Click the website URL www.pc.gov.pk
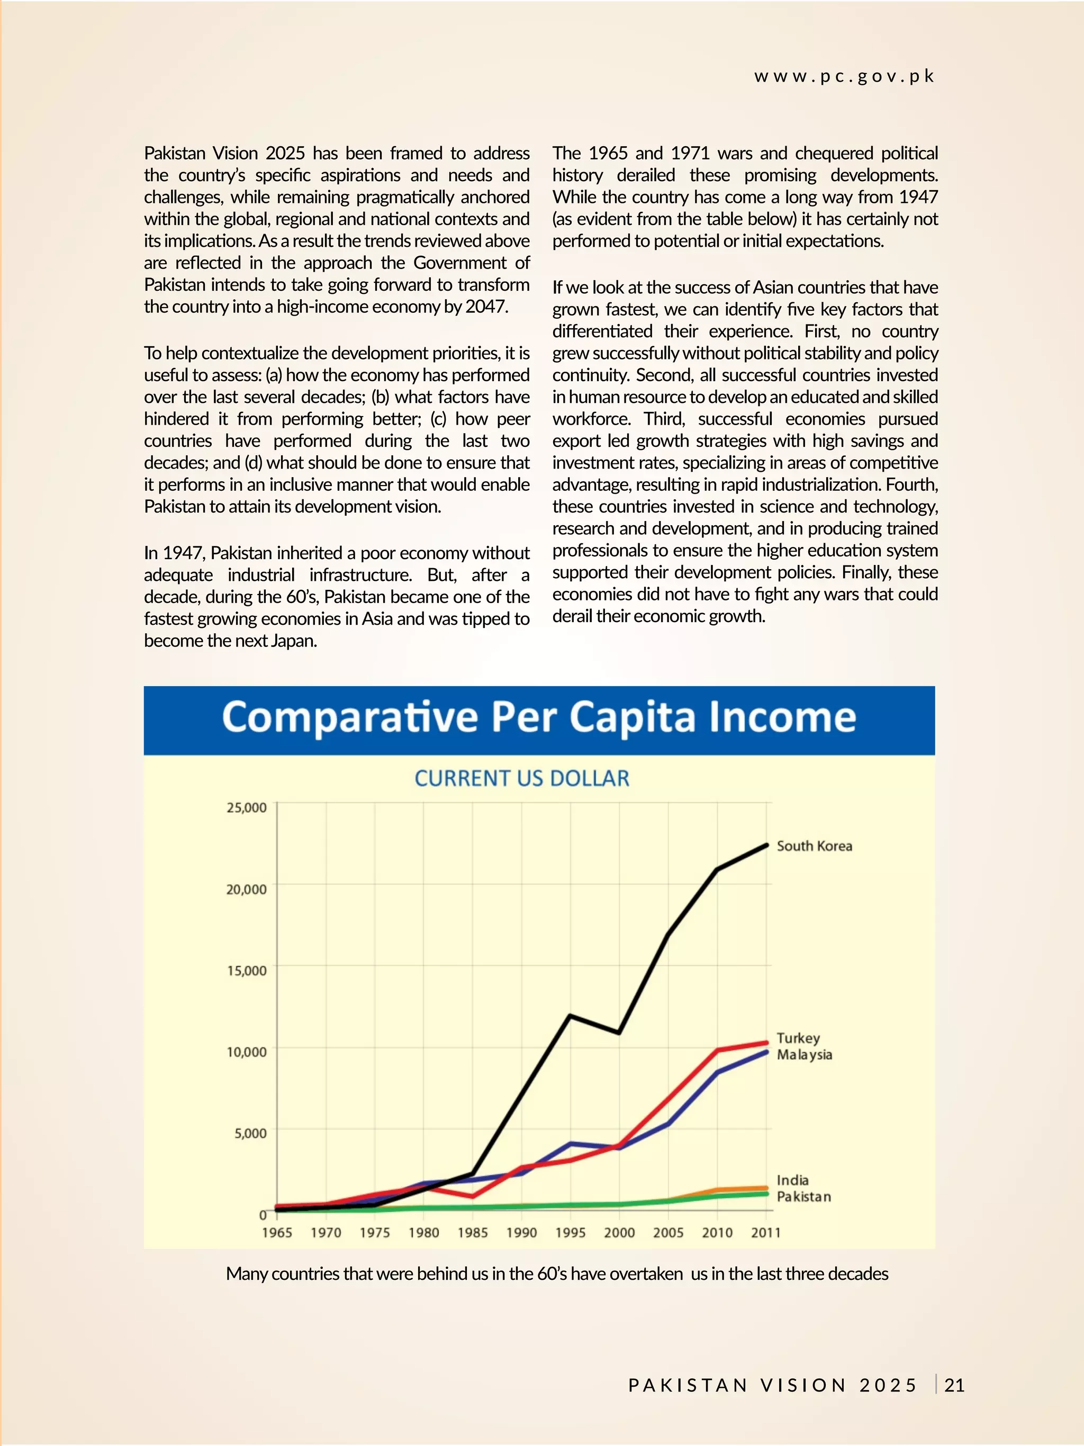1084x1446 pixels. point(844,76)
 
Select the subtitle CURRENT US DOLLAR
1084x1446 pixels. point(521,778)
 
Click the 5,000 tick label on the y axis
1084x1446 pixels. point(250,1134)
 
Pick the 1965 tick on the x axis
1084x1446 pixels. point(276,1232)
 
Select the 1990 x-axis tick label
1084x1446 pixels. point(521,1232)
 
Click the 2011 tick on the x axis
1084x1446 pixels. point(765,1232)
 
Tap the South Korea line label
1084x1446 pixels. point(814,846)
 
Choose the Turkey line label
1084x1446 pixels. point(798,1038)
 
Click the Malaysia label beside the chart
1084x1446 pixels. point(805,1054)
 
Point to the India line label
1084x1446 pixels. point(792,1180)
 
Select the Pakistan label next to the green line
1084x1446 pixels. point(803,1196)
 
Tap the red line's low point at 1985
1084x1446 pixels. point(473,1196)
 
